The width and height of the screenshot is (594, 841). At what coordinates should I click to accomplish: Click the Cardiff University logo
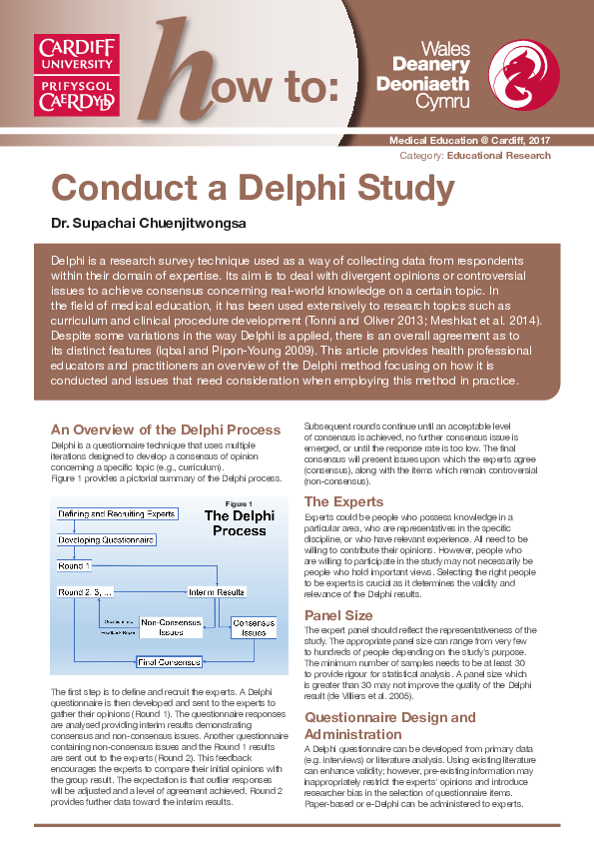click(77, 75)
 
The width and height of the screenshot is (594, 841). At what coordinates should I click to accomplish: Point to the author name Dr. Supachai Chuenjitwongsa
click(134, 220)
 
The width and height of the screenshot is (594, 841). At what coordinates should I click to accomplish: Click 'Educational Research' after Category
click(498, 156)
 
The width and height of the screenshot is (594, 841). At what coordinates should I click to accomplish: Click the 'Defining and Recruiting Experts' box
click(117, 513)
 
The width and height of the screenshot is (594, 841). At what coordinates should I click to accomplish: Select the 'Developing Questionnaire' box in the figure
click(106, 539)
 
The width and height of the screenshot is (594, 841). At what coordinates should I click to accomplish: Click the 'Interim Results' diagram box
click(217, 591)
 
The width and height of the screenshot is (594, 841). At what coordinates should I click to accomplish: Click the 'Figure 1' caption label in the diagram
click(240, 503)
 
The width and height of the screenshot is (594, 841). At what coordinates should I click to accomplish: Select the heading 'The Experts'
click(343, 501)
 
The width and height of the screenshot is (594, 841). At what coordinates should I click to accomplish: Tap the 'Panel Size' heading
click(338, 615)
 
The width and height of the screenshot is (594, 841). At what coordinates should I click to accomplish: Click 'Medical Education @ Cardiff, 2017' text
click(469, 144)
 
